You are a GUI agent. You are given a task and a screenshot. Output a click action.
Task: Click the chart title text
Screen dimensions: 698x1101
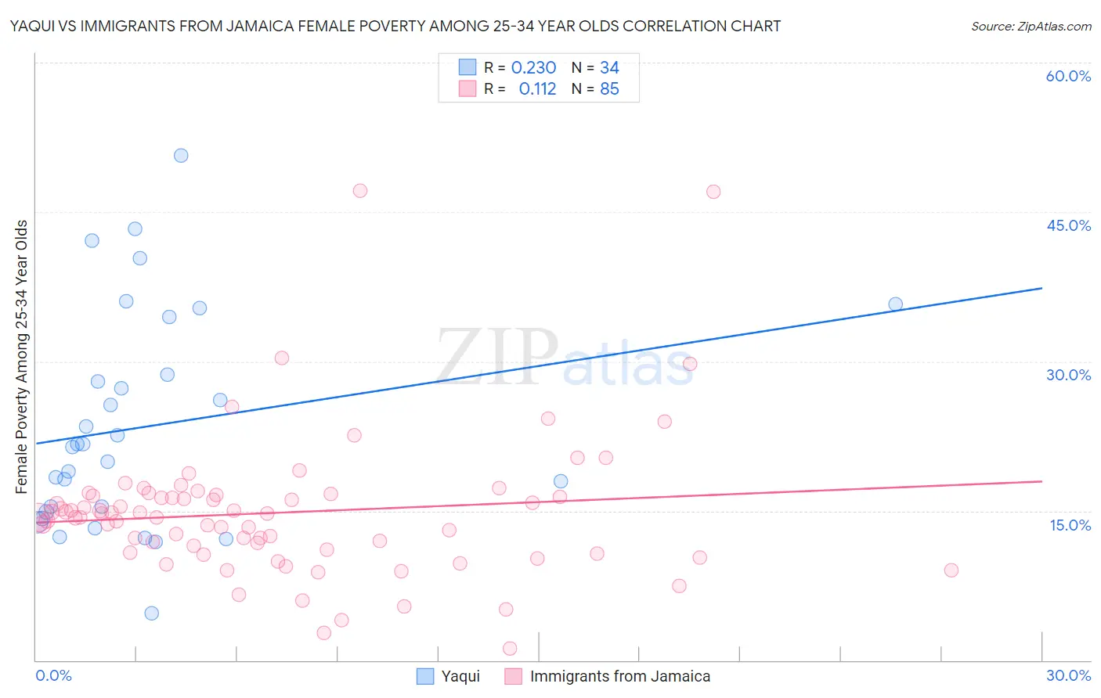395,26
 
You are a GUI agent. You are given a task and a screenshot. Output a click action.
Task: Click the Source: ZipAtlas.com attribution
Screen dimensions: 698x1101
1031,26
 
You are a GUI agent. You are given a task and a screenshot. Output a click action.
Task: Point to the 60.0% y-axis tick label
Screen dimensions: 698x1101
1068,76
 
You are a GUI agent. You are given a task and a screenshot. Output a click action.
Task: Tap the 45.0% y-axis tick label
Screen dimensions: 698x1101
1068,225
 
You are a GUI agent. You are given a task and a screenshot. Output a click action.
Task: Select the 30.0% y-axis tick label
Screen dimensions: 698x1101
1068,375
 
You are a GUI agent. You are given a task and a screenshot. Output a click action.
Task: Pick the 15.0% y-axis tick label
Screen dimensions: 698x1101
1070,525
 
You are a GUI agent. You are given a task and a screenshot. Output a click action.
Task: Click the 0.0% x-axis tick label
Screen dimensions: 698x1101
53,675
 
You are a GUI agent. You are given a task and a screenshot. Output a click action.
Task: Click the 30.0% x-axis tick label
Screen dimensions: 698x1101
1068,675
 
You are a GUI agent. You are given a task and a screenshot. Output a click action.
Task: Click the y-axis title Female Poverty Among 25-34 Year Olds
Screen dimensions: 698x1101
22,357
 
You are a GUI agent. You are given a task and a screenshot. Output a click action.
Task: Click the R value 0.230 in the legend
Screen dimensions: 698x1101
533,68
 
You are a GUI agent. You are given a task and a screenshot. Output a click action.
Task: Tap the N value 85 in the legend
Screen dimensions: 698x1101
609,89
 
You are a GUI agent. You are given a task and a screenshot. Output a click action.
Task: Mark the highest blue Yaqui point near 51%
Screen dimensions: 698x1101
181,156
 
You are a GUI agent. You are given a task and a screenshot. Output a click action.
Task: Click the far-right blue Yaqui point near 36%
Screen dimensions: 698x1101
895,304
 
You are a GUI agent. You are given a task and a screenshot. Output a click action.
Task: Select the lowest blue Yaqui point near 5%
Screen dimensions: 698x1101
152,613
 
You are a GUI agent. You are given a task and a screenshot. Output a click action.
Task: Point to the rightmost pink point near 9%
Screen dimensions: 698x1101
951,570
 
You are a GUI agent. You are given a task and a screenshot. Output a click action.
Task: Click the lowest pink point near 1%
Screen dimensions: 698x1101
510,648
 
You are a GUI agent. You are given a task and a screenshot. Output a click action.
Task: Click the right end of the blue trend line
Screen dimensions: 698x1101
1041,288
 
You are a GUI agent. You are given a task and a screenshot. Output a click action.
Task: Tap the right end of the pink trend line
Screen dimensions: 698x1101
1041,481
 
